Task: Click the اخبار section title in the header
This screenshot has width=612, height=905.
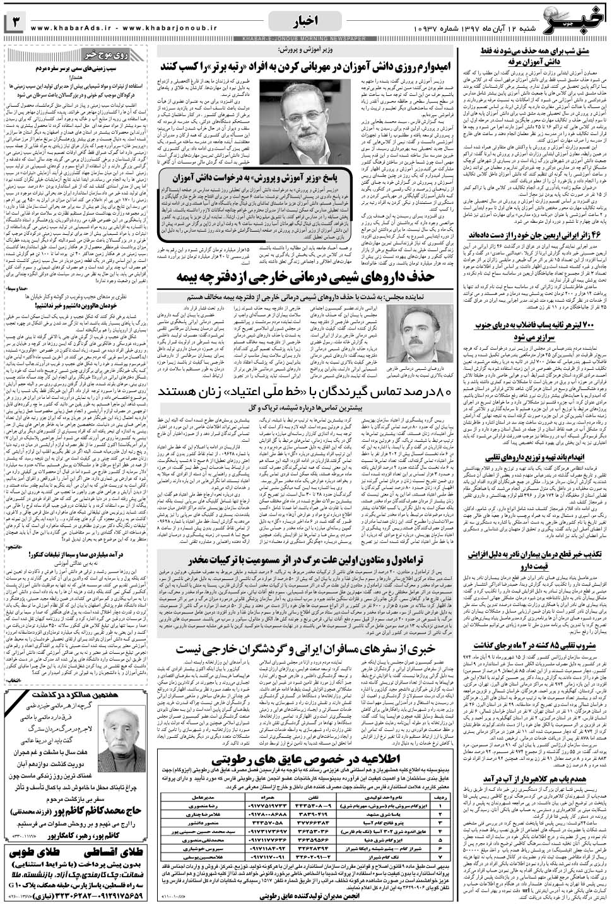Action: (306, 23)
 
